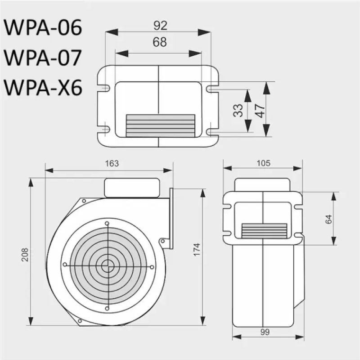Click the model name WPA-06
43,28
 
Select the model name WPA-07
43,58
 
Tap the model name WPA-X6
43,87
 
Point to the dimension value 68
159,42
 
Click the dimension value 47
260,109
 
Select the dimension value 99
264,332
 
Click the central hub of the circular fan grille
107,265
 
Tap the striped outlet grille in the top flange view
160,126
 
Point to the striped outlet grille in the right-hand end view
264,231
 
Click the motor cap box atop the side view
132,187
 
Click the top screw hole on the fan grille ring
107,224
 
